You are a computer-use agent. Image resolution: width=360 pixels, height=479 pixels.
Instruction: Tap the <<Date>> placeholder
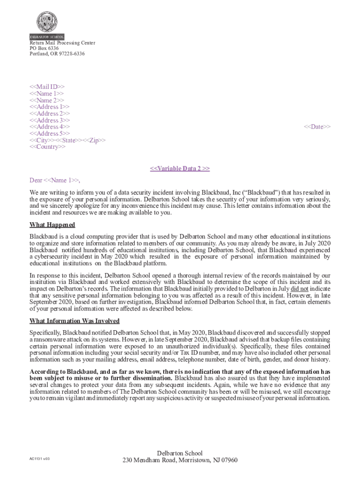click(x=317, y=127)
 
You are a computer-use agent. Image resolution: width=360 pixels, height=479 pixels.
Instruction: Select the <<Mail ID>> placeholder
click(x=47, y=87)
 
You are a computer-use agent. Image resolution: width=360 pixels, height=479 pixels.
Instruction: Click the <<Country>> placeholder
click(x=48, y=147)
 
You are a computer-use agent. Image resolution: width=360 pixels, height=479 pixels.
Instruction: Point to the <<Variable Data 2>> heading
click(x=180, y=168)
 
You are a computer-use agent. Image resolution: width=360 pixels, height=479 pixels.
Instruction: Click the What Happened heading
click(x=52, y=225)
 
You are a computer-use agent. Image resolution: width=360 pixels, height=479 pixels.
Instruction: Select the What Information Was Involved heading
click(x=74, y=321)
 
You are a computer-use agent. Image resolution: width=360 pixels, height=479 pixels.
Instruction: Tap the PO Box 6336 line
click(x=44, y=48)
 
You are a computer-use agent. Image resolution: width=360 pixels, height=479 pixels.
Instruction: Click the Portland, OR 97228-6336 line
click(x=57, y=54)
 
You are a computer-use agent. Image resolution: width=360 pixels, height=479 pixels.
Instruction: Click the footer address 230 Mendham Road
click(x=180, y=460)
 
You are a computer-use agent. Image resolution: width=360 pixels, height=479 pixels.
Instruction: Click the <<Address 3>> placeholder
click(x=50, y=120)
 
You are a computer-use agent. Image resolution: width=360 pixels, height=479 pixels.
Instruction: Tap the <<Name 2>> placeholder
click(x=47, y=100)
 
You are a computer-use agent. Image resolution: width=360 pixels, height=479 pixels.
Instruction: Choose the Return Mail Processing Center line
click(x=62, y=43)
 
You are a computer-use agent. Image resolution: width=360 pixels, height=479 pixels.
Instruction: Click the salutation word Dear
click(x=36, y=180)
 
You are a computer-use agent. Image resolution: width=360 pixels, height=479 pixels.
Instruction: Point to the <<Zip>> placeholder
click(x=97, y=140)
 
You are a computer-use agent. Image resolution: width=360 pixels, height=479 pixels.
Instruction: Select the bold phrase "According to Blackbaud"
click(x=64, y=371)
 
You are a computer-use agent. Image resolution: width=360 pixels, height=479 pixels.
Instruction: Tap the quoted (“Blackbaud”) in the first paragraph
click(x=256, y=192)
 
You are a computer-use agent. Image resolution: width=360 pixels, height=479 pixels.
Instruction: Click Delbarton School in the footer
click(x=180, y=453)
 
